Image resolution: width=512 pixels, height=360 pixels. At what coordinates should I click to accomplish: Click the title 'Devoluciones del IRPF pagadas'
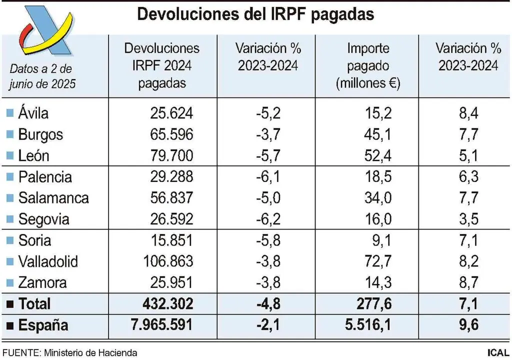click(255, 14)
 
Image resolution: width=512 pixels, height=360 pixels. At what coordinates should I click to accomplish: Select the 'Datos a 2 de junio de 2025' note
click(42, 76)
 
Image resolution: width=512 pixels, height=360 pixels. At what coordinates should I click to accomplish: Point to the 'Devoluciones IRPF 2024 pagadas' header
click(161, 66)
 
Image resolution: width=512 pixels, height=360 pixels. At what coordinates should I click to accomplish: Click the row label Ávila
click(33, 113)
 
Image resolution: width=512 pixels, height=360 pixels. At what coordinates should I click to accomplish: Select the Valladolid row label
click(48, 261)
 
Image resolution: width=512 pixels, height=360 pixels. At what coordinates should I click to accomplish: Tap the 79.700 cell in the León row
click(171, 156)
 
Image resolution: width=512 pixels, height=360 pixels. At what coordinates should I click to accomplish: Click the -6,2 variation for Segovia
click(268, 219)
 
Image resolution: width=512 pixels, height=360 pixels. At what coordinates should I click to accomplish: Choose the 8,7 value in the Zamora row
click(468, 283)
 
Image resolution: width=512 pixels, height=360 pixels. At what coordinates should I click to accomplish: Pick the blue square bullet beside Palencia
click(9, 177)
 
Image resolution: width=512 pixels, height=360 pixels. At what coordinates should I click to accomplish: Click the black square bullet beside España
click(9, 326)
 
